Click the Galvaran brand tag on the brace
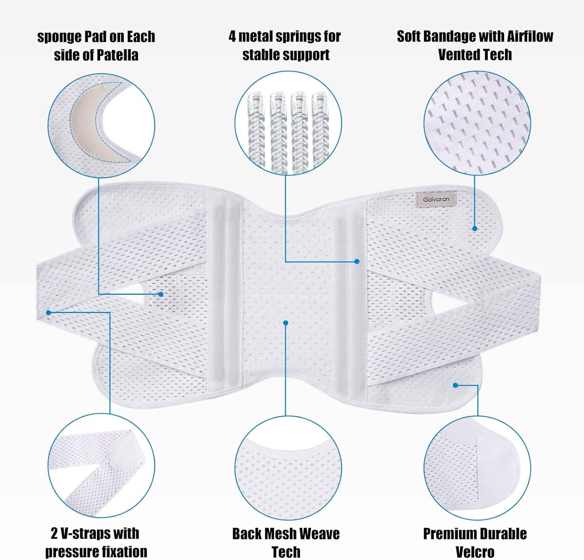click(x=436, y=199)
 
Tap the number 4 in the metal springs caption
click(x=232, y=36)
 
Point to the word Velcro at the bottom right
click(x=475, y=552)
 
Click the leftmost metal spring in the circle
click(x=257, y=127)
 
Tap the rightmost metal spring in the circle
click(x=320, y=127)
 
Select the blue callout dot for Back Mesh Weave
click(x=286, y=323)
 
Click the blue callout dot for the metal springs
click(x=357, y=261)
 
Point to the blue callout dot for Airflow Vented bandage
click(x=475, y=229)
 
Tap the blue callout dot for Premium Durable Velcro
click(x=455, y=385)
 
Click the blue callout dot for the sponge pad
click(x=161, y=294)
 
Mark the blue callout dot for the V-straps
click(x=49, y=312)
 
